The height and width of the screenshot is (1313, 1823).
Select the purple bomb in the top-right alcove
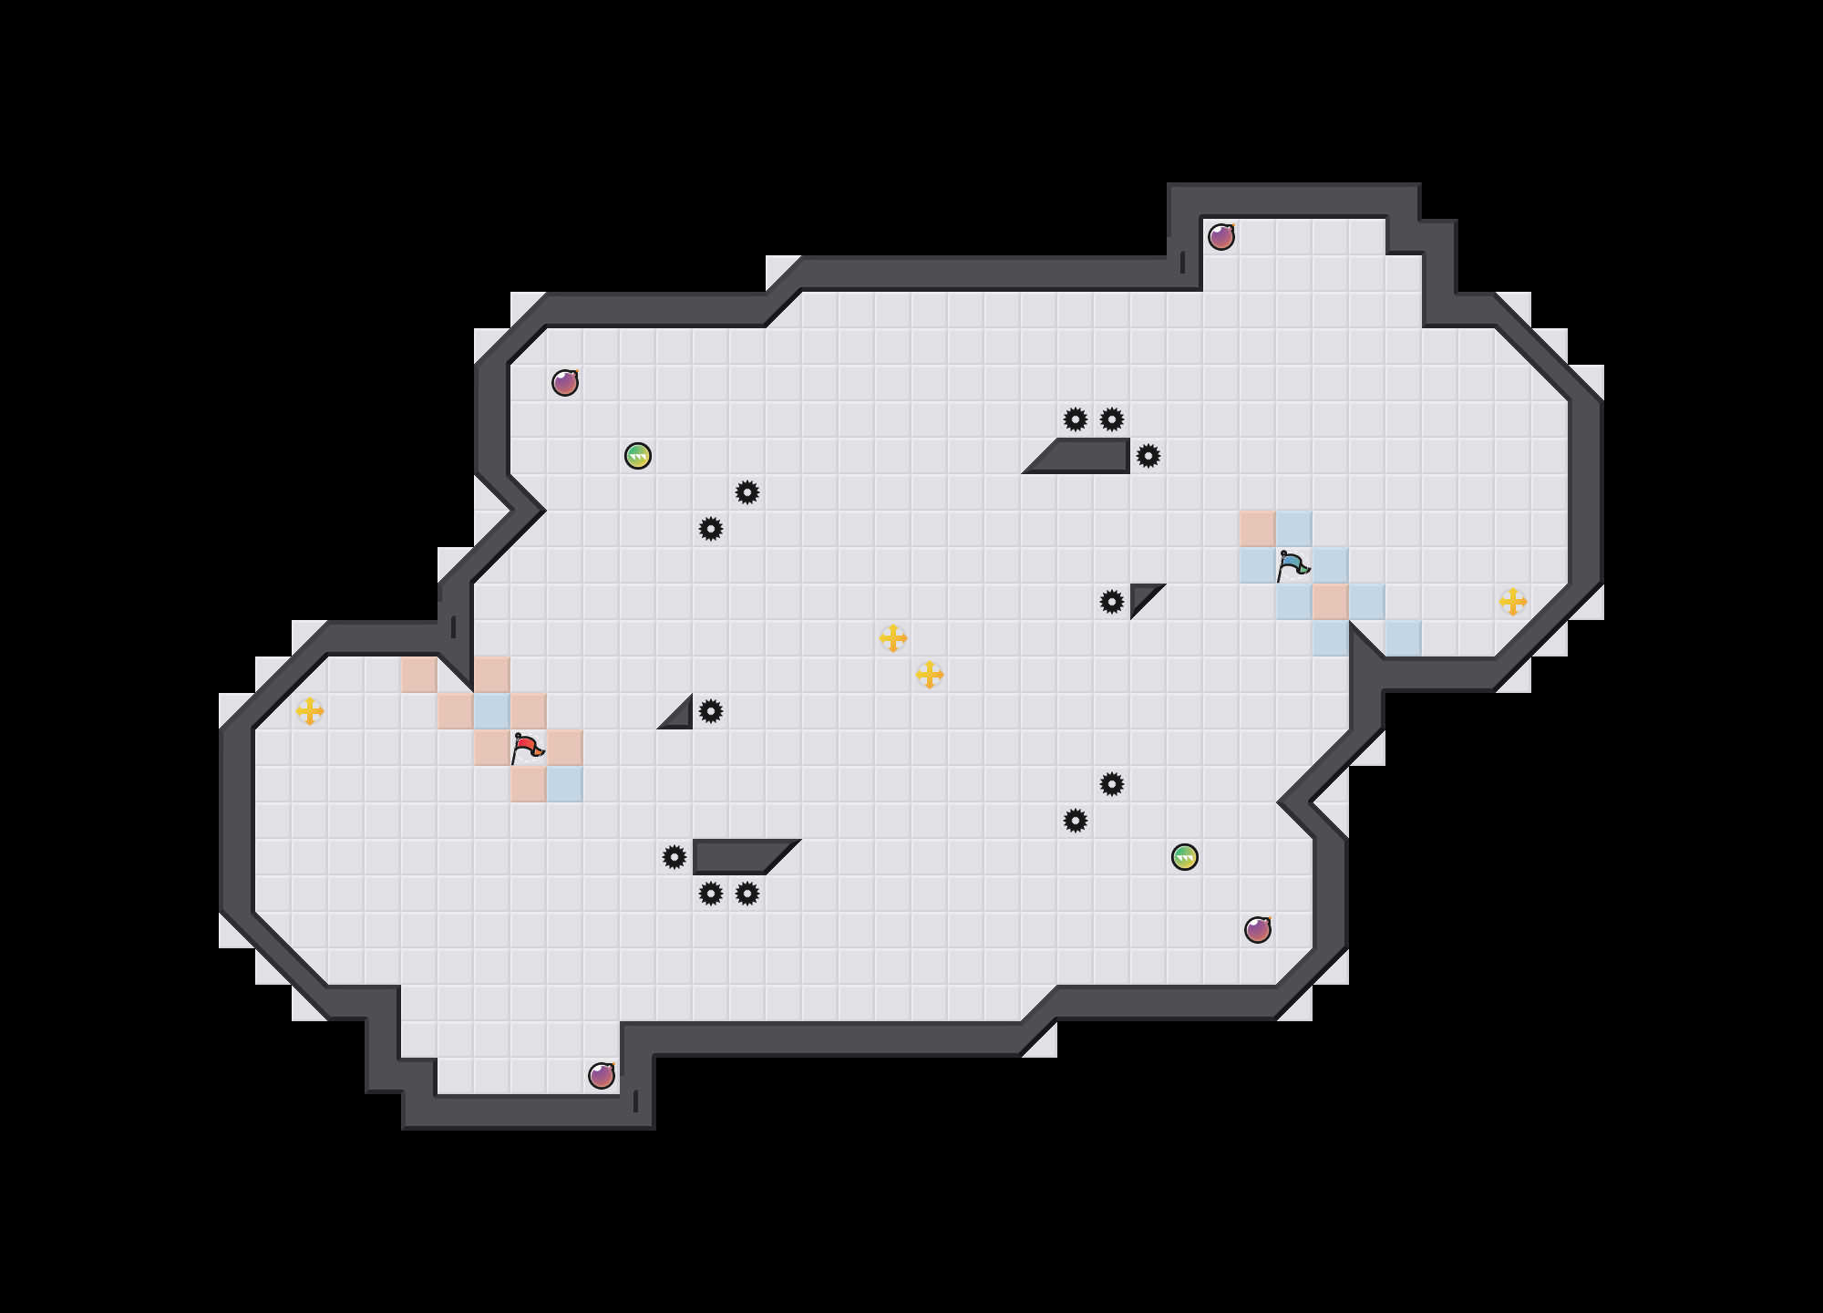[x=1221, y=237]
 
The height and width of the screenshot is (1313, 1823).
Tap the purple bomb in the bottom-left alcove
[x=602, y=1076]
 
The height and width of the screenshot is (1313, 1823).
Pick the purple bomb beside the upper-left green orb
[x=565, y=383]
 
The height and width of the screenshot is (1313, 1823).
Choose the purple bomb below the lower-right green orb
[x=1258, y=930]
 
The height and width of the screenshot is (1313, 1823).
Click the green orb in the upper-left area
[x=638, y=456]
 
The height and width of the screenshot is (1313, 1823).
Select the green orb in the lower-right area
[x=1185, y=857]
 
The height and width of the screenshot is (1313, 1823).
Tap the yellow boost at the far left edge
[x=310, y=711]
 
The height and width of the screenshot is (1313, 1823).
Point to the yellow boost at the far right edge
[x=1513, y=602]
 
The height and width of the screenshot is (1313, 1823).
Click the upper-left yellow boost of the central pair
[x=893, y=638]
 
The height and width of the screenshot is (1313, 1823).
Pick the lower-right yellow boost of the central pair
[x=930, y=675]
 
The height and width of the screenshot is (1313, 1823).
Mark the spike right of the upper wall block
[x=1148, y=456]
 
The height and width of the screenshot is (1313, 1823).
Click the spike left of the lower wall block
[x=675, y=857]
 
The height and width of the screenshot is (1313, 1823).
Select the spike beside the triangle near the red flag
[x=711, y=711]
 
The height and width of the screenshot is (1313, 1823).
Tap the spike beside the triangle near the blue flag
[x=1112, y=602]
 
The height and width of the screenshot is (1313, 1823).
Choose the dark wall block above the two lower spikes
[x=738, y=857]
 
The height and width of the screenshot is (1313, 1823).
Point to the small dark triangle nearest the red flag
[x=680, y=717]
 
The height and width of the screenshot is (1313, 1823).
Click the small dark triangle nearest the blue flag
[x=1142, y=595]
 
